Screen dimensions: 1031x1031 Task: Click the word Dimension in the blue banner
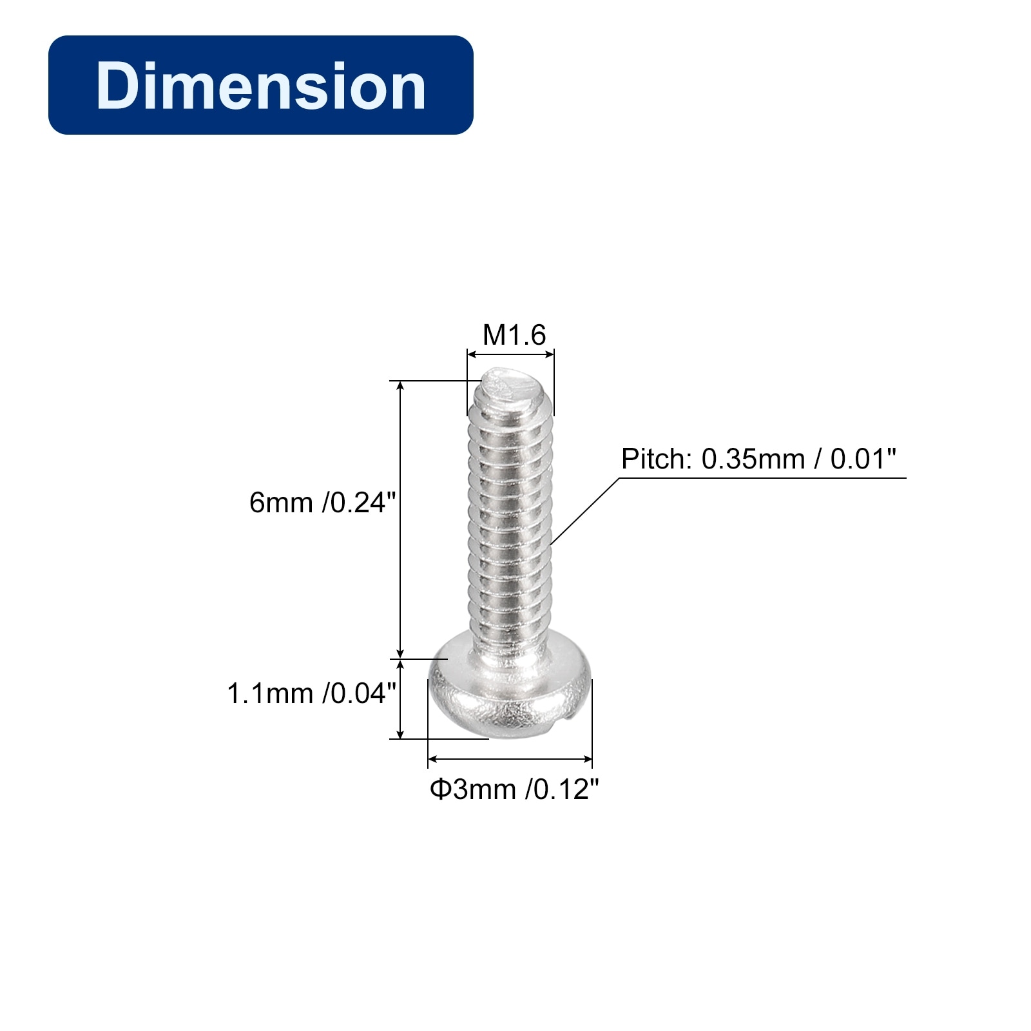coord(261,86)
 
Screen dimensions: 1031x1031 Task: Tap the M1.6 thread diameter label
coord(514,335)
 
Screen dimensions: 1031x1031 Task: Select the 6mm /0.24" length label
coord(322,503)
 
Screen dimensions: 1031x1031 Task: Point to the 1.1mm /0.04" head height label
coord(311,694)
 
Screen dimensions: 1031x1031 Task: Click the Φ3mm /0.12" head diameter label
coord(514,789)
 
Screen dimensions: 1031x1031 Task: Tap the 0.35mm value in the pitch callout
coord(753,459)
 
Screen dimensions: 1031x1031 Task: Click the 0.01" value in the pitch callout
coord(863,459)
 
